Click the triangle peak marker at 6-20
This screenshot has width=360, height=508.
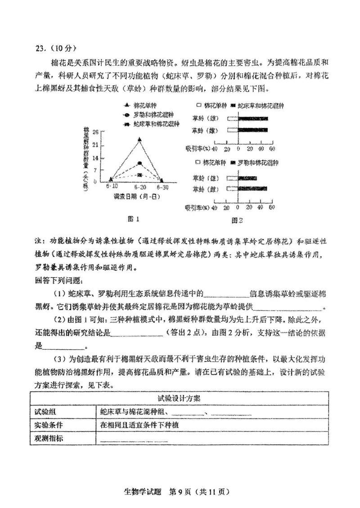(x=139, y=139)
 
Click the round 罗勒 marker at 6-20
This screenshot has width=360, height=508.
(x=139, y=163)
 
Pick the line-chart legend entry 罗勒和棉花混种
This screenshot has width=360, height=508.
(x=149, y=115)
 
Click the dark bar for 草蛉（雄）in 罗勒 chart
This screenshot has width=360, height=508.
(x=247, y=178)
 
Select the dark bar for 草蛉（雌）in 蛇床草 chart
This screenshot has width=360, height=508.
(x=252, y=130)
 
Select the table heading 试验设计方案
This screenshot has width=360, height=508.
(x=179, y=398)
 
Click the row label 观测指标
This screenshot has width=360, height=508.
(x=49, y=438)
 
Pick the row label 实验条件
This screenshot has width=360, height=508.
(x=49, y=425)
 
